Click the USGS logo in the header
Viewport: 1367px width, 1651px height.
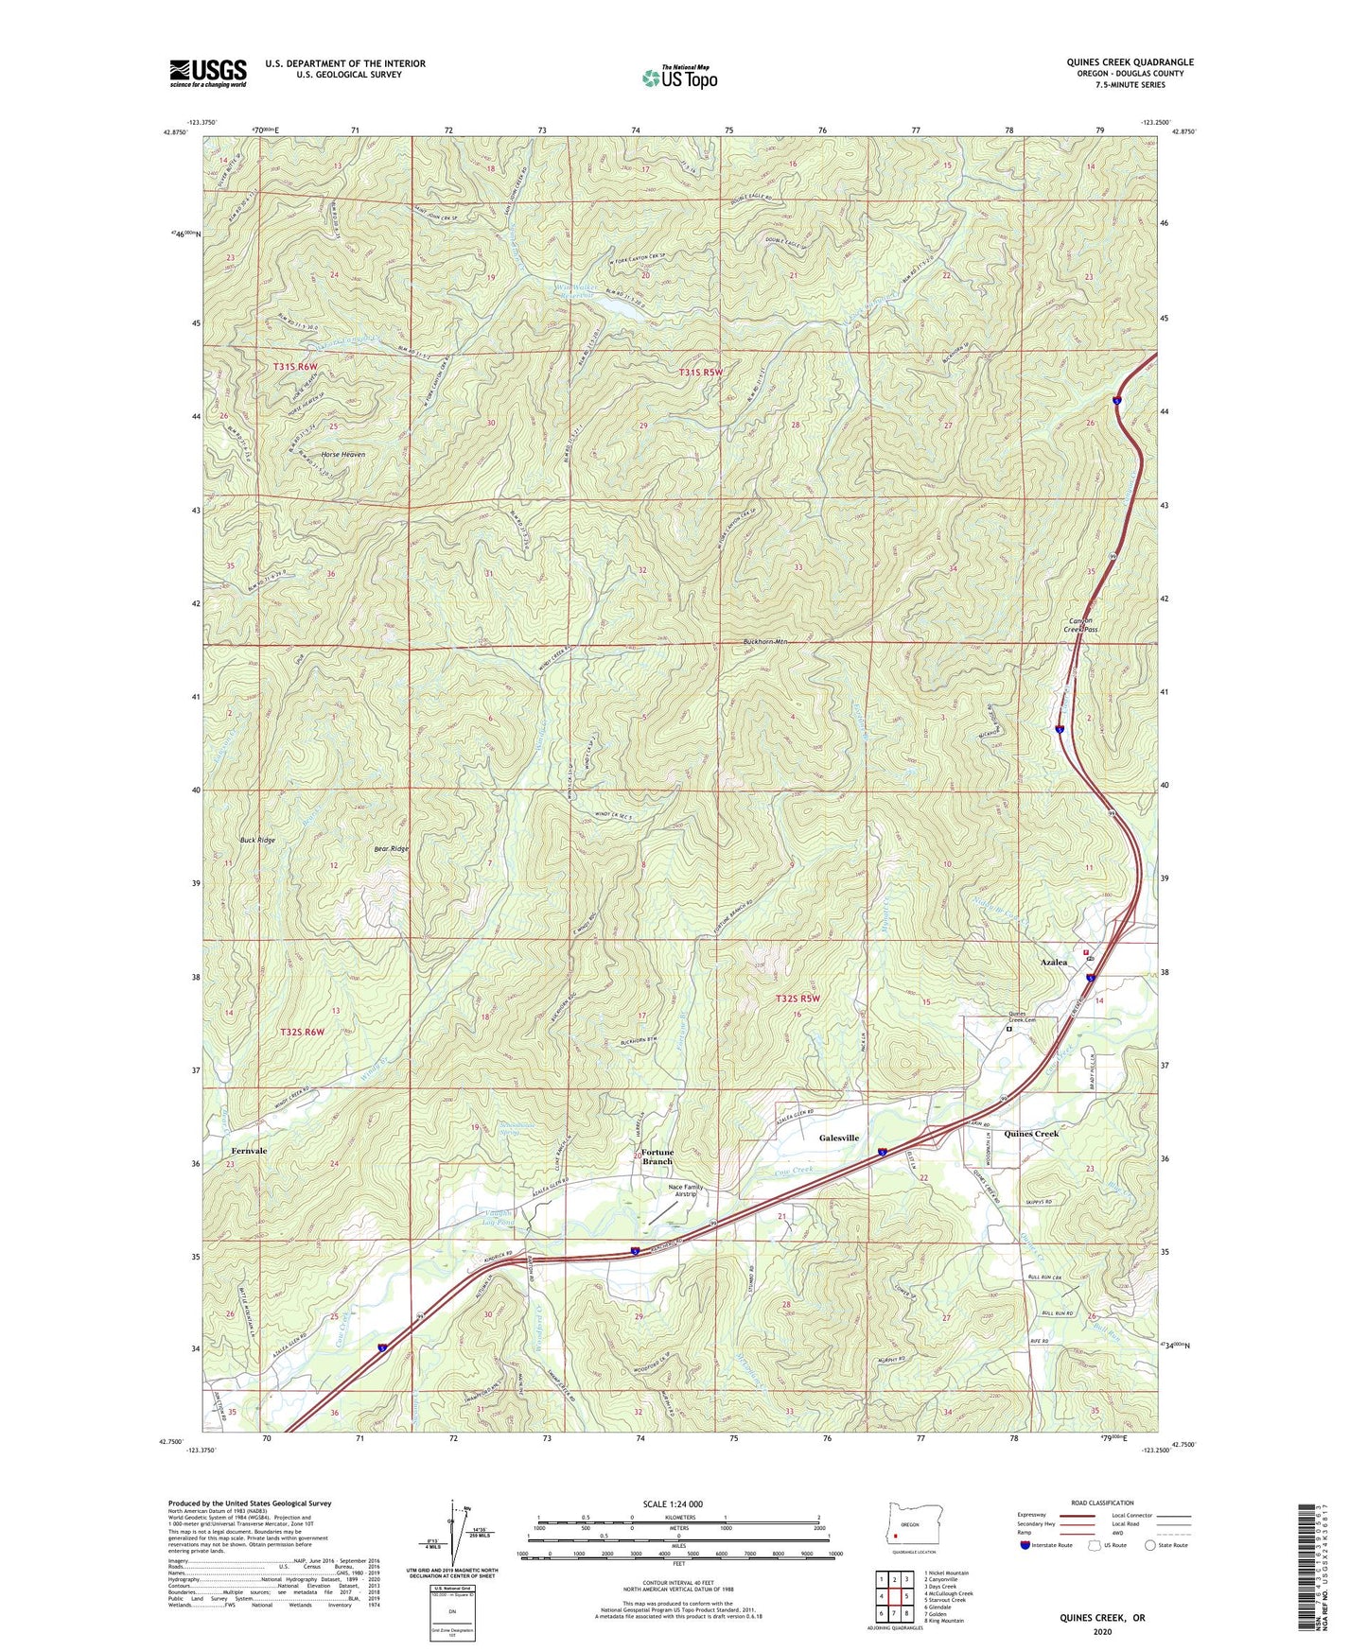click(x=207, y=72)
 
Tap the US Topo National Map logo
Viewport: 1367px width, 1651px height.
click(x=679, y=77)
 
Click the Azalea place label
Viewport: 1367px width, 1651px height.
click(x=1053, y=962)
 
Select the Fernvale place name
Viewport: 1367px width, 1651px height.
click(x=249, y=1151)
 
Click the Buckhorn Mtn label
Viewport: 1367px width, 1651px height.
click(x=764, y=642)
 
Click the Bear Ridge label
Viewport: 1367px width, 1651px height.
click(x=391, y=848)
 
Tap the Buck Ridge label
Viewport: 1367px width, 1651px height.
click(x=257, y=840)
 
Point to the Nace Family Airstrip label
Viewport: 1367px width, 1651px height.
click(x=686, y=1190)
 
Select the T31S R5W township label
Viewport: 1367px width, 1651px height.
click(x=700, y=373)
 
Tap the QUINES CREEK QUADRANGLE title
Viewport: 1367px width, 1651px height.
click(x=1130, y=62)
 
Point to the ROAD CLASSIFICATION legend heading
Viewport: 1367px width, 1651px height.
click(x=1103, y=1503)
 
